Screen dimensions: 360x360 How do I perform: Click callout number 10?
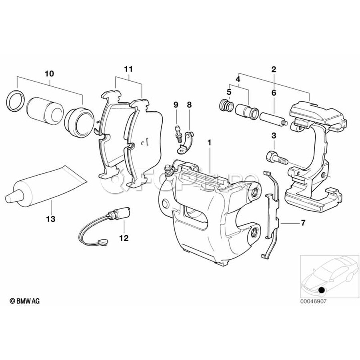coord(49,74)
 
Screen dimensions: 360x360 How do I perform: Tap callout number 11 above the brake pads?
coord(128,69)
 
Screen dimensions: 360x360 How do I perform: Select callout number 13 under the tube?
coord(52,219)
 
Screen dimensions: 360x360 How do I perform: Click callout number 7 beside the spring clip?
coord(303,223)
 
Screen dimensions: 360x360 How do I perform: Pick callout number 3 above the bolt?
coord(274,136)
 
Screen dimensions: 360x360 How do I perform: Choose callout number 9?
coord(175,105)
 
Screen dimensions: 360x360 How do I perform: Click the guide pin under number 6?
coord(272,119)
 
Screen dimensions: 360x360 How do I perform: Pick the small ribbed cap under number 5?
coord(226,106)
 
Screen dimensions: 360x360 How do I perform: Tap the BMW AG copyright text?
coord(25,301)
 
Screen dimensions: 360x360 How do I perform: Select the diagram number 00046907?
coord(313,302)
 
